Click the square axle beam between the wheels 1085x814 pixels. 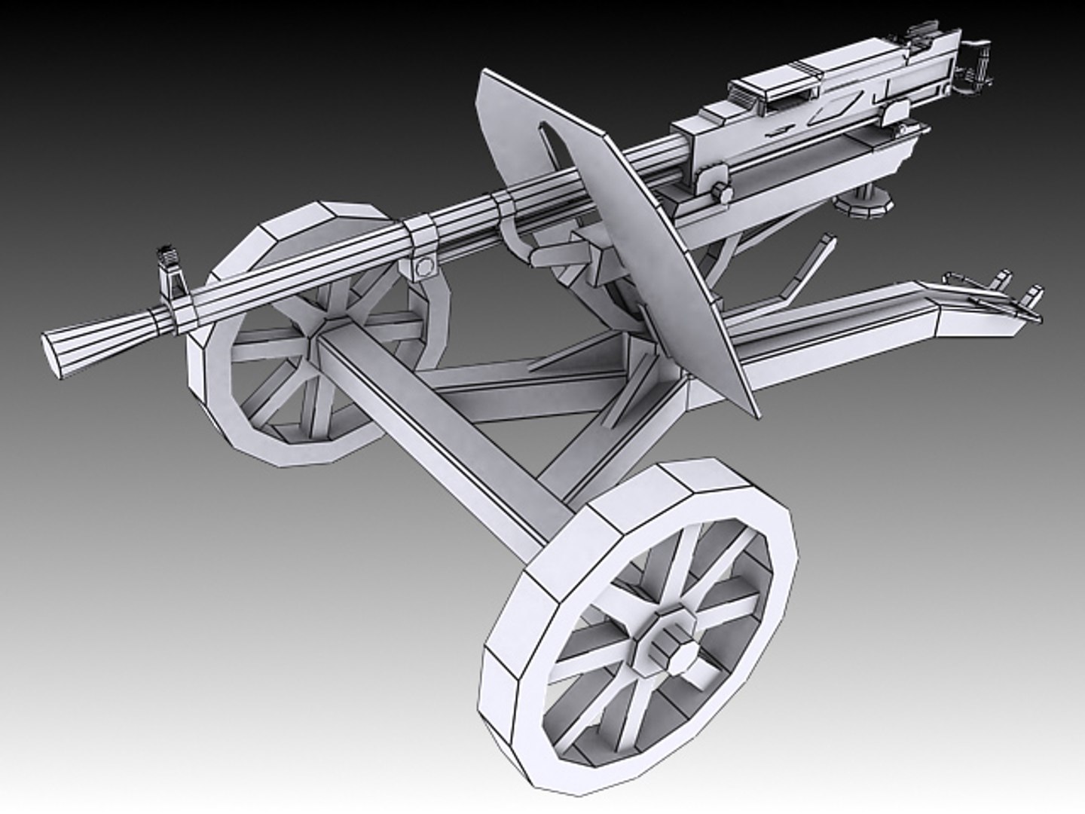(x=445, y=437)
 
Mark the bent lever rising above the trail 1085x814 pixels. (x=810, y=264)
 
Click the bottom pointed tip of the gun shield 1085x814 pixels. (x=746, y=411)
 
